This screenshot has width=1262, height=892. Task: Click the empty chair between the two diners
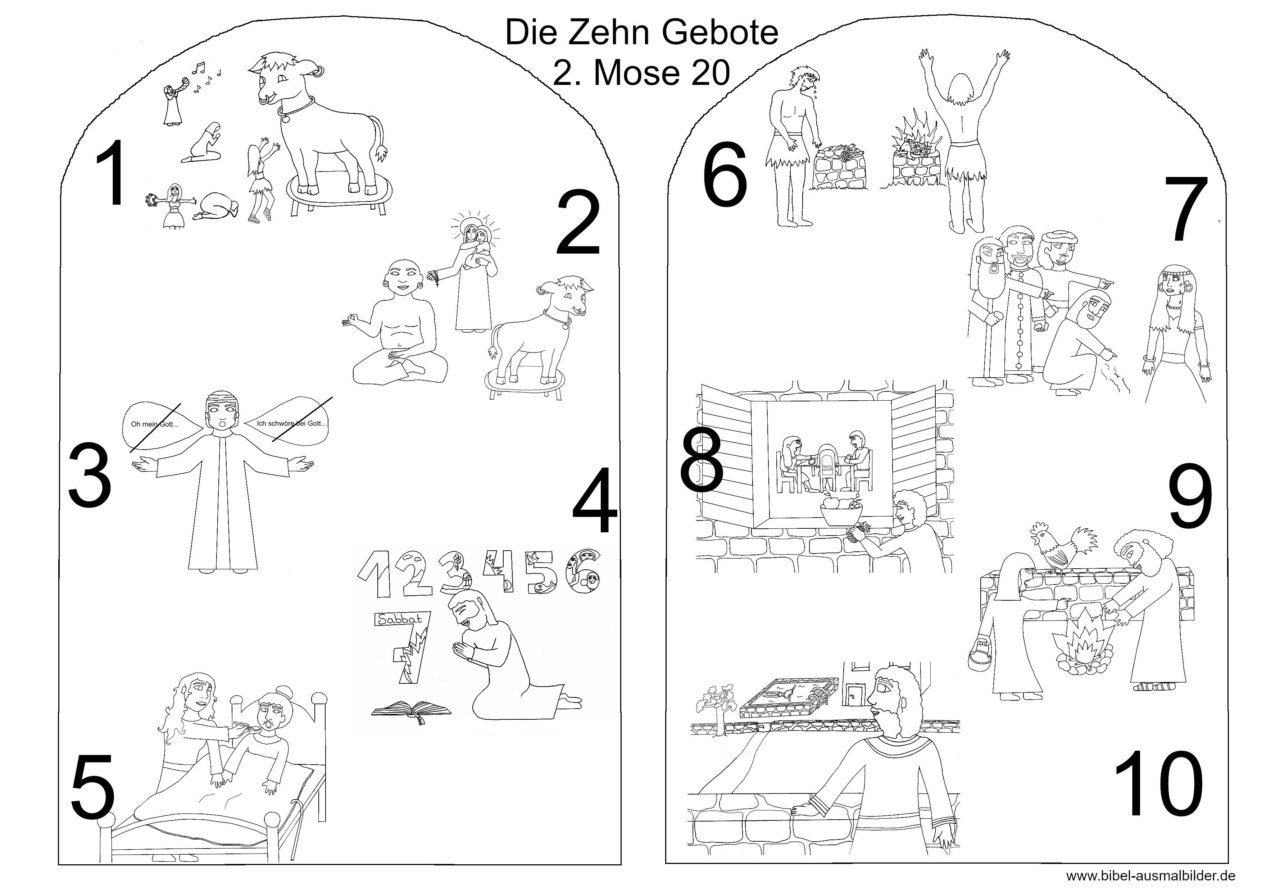pos(827,466)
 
